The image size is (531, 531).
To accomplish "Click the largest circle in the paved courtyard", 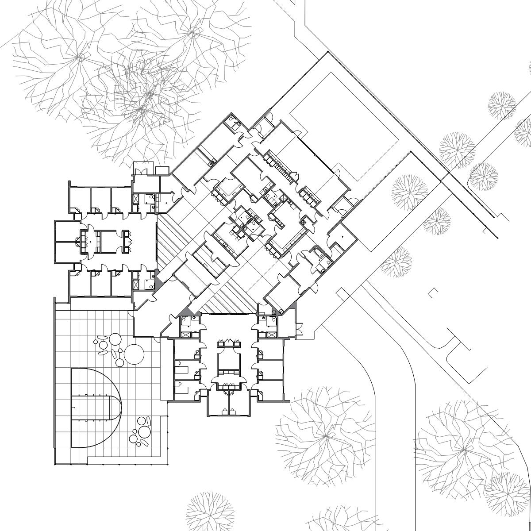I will (x=134, y=354).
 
